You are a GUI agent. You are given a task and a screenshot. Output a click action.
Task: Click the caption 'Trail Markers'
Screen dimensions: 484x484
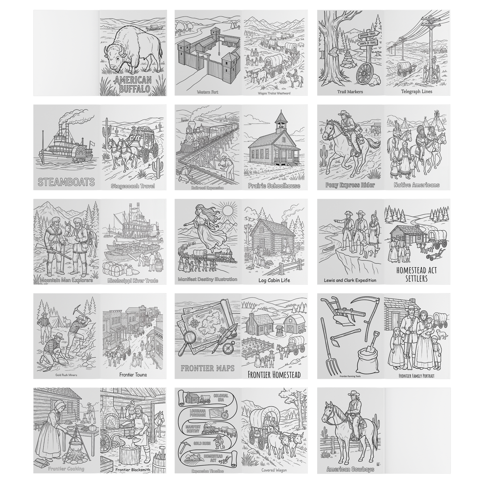point(350,91)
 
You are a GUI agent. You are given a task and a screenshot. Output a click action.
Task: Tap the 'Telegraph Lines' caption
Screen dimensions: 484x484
point(417,91)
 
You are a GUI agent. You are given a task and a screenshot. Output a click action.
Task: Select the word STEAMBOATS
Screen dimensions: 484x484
point(66,182)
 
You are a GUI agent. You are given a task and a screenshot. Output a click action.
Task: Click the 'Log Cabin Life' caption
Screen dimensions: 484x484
point(274,280)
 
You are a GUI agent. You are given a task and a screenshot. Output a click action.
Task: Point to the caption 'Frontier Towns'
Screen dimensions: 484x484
point(133,375)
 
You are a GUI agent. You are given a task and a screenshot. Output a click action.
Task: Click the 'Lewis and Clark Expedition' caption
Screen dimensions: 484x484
point(350,280)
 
